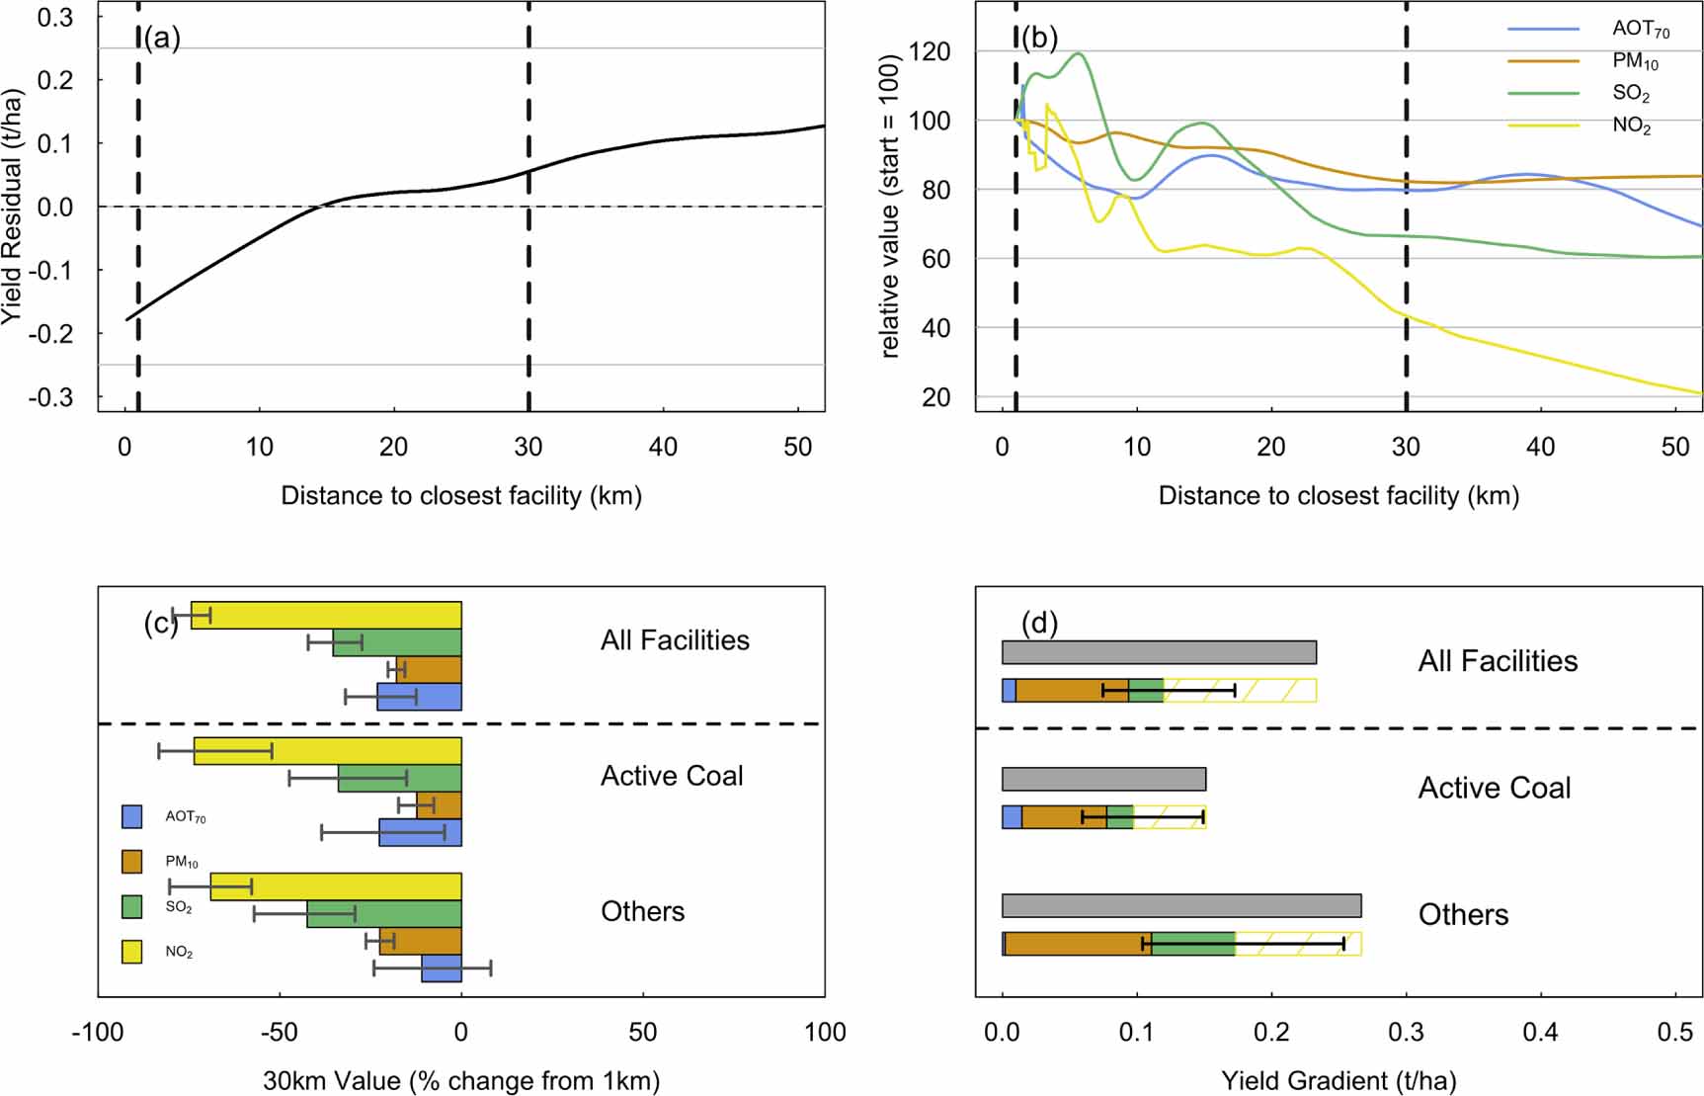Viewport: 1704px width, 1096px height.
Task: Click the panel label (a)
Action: pos(162,39)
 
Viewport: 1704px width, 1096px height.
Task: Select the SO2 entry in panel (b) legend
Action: pos(1631,93)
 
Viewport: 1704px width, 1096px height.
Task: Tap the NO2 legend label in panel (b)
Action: pos(1631,126)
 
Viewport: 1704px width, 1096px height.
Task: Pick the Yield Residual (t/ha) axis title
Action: pos(12,208)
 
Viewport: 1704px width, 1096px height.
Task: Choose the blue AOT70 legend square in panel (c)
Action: pos(131,816)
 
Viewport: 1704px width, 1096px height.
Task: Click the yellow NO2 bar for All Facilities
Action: pos(326,615)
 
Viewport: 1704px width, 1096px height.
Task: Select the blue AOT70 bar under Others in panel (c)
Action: pos(442,969)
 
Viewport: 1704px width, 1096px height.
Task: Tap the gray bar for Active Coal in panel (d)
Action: pos(1103,779)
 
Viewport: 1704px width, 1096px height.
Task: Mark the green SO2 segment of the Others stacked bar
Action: pos(1193,944)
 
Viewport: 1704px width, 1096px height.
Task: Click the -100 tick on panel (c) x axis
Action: pos(98,1033)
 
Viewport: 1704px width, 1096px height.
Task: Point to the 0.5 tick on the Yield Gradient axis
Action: pos(1674,1033)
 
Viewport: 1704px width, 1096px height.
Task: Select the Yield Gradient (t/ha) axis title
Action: pos(1339,1081)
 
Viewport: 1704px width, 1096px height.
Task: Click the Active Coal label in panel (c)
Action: pos(672,776)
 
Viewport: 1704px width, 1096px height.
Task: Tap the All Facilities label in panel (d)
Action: pos(1498,661)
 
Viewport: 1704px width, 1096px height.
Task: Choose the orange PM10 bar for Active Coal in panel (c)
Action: pos(439,805)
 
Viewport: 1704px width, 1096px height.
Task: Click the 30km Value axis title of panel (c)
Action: pos(461,1081)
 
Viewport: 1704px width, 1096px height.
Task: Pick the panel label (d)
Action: pos(1039,624)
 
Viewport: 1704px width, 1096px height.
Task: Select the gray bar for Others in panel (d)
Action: pos(1181,905)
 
